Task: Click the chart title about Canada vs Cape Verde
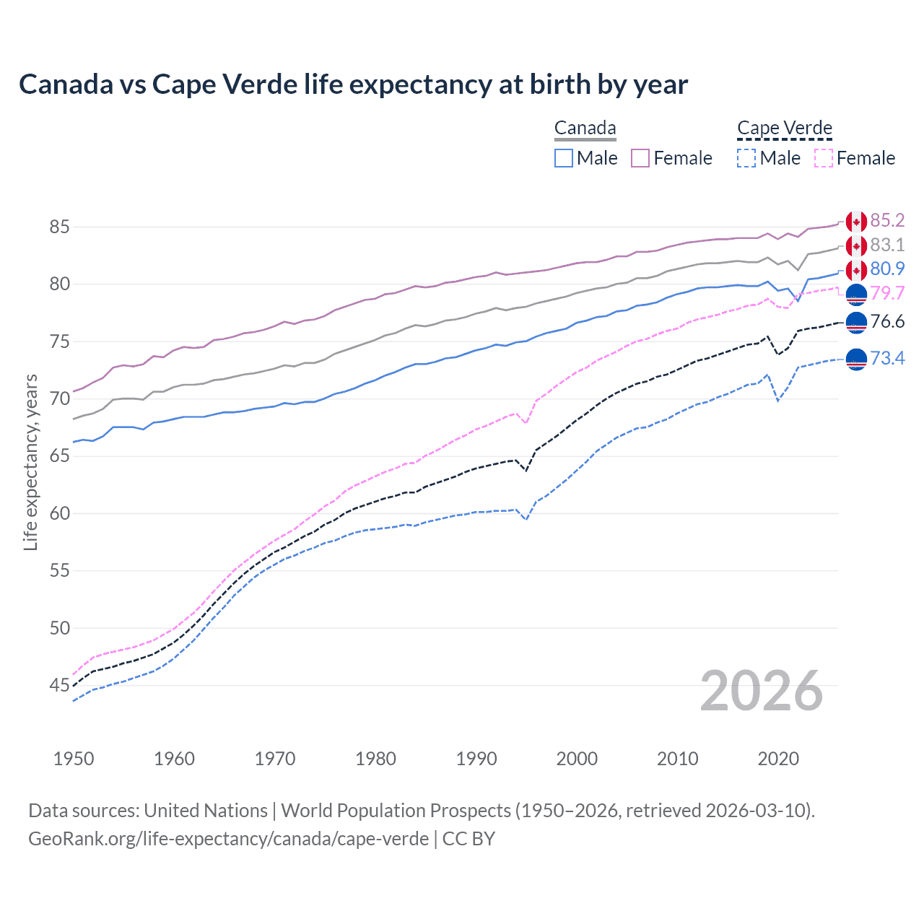353,84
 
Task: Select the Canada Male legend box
564,158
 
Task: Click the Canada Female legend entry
671,158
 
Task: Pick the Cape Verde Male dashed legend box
746,158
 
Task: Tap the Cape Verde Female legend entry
855,158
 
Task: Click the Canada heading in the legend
585,128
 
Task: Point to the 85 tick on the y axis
59,227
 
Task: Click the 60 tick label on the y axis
59,513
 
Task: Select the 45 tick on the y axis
59,685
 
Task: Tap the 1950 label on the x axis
74,759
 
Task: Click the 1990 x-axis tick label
476,759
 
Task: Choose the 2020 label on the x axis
778,759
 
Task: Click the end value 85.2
887,220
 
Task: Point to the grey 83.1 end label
887,245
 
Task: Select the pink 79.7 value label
887,293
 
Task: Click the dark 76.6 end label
887,321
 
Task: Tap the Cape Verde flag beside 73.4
856,358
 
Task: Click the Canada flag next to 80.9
856,270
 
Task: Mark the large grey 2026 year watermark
762,691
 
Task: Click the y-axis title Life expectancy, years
30,462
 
